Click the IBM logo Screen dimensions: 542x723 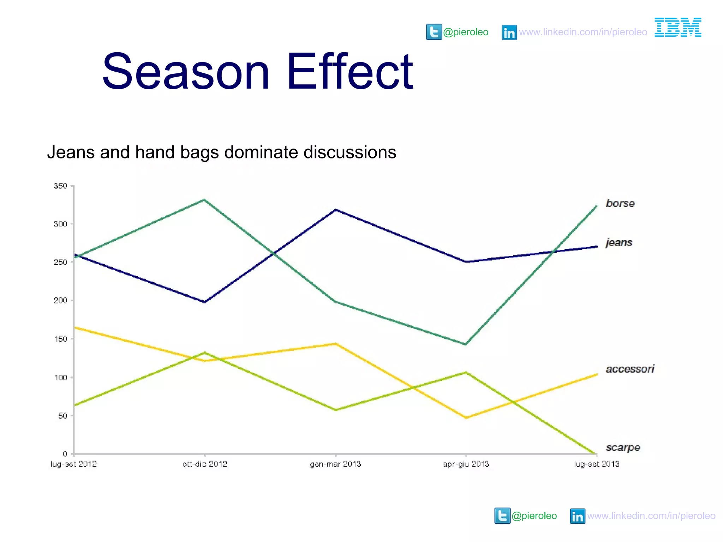click(x=678, y=27)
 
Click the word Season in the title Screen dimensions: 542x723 click(x=186, y=71)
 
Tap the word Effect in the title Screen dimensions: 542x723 click(x=349, y=71)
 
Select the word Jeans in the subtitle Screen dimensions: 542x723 click(x=71, y=152)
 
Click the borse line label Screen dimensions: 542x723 click(x=620, y=203)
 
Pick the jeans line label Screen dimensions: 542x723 click(x=619, y=242)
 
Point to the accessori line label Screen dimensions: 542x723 click(x=630, y=369)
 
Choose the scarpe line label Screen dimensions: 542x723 click(x=623, y=447)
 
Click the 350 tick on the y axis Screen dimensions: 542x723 click(x=60, y=186)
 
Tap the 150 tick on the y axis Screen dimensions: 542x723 click(x=60, y=339)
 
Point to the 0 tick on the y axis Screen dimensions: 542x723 click(x=65, y=454)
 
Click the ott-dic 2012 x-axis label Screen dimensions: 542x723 click(x=205, y=464)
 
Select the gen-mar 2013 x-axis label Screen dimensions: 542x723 click(x=335, y=464)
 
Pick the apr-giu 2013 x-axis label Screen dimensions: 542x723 click(x=466, y=464)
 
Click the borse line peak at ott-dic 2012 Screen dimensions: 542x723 click(x=204, y=200)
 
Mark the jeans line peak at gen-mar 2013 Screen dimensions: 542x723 click(x=335, y=210)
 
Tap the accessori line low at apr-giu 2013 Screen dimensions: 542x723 click(x=466, y=417)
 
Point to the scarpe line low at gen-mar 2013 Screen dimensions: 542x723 click(x=335, y=410)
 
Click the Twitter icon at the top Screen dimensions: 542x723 click(x=434, y=32)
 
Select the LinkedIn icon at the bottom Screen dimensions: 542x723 click(x=577, y=516)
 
